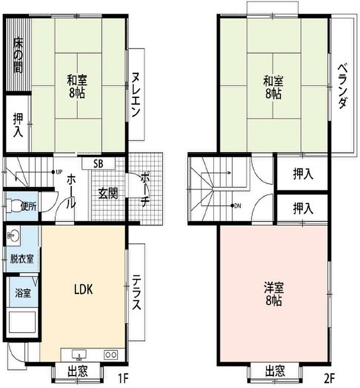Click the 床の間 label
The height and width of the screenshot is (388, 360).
18,55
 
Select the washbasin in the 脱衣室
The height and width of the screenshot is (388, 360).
13,235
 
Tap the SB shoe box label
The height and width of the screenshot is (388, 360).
98,164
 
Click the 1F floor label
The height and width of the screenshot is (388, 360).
123,378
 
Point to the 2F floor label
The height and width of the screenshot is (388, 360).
329,378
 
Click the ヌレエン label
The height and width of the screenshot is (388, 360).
136,94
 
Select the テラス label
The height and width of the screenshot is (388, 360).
136,292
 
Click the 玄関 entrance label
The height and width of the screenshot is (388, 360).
108,193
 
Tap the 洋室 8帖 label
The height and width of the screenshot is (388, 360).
274,294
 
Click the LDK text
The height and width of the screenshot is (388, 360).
84,289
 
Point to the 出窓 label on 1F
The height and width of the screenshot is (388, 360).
78,371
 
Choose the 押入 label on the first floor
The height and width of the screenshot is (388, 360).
18,125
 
